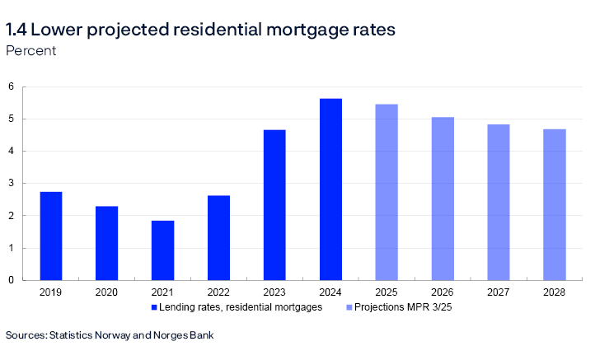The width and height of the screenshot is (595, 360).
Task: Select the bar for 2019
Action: pos(51,236)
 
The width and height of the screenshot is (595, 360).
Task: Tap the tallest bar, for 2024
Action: pos(330,189)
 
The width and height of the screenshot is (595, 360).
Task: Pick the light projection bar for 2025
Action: pos(387,192)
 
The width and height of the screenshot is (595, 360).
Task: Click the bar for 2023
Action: pos(274,205)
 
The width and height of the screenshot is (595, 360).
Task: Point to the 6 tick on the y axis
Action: pos(11,86)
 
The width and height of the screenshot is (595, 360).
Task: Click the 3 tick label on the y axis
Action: pos(11,184)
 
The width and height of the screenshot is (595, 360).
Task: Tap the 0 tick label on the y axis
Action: pos(11,280)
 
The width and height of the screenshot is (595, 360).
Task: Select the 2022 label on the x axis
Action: pos(218,292)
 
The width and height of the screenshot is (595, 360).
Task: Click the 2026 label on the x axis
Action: pos(443,292)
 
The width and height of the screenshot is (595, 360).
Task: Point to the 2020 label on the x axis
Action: pos(107,292)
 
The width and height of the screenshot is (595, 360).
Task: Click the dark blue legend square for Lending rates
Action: pos(153,306)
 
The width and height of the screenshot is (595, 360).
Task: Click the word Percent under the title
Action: pos(30,50)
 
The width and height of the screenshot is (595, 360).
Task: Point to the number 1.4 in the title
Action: pos(16,30)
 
